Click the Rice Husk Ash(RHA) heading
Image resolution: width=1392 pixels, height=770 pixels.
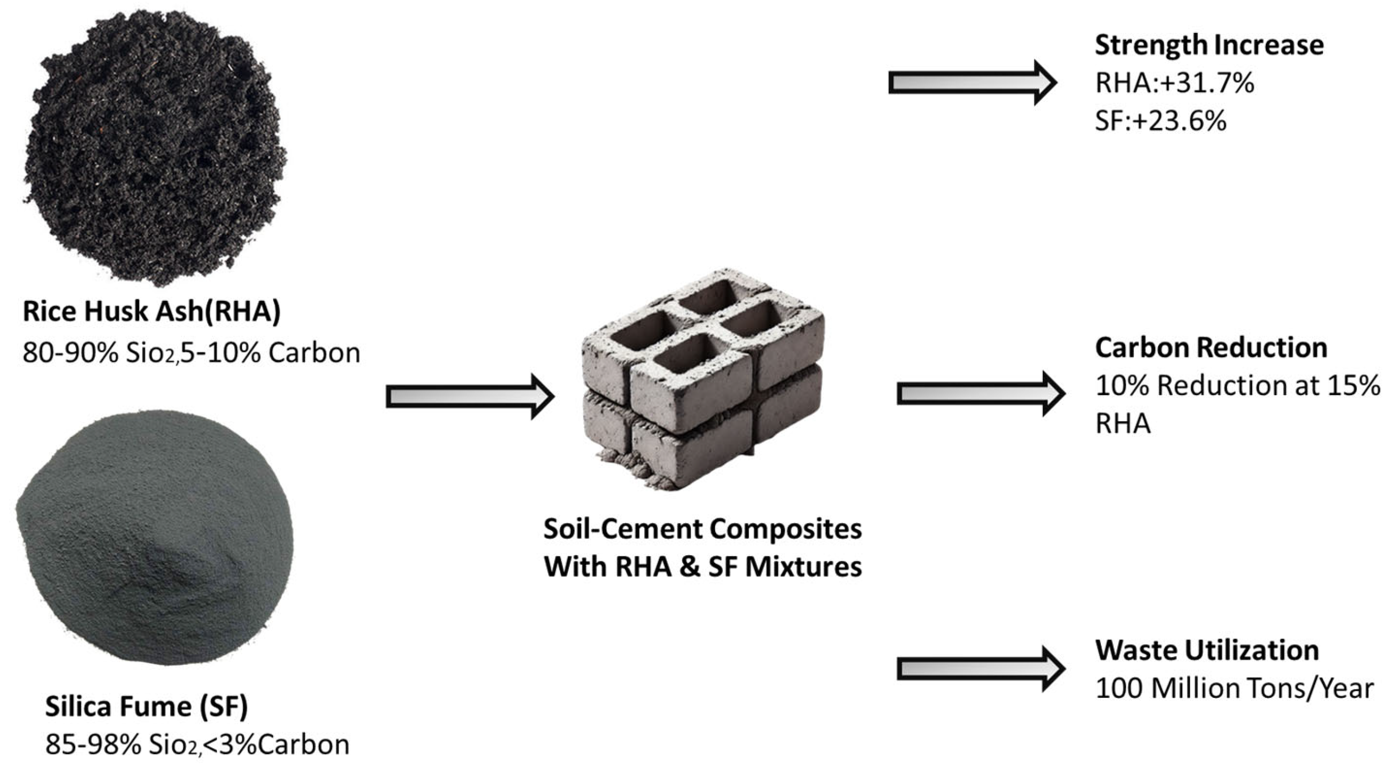(x=152, y=312)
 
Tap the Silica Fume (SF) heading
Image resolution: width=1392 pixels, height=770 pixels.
(x=146, y=706)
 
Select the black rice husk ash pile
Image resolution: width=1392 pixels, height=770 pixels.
(x=154, y=146)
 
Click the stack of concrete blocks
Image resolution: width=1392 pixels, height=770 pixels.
(x=703, y=378)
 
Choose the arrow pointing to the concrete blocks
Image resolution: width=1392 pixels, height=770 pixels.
(x=469, y=397)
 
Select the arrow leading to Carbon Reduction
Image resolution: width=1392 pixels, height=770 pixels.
(x=980, y=393)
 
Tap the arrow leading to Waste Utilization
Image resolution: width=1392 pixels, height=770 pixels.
(x=980, y=669)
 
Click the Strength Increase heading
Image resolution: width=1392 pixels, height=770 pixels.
(x=1209, y=45)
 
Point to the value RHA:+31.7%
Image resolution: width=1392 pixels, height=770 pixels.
(x=1174, y=83)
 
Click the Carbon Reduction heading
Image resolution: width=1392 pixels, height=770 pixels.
(x=1211, y=348)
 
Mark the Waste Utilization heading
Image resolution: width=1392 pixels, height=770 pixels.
(x=1207, y=650)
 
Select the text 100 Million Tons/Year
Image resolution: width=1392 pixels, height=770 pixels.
(x=1234, y=689)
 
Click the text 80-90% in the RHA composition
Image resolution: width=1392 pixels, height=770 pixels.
(x=70, y=353)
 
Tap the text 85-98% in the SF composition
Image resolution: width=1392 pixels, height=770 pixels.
(x=93, y=745)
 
